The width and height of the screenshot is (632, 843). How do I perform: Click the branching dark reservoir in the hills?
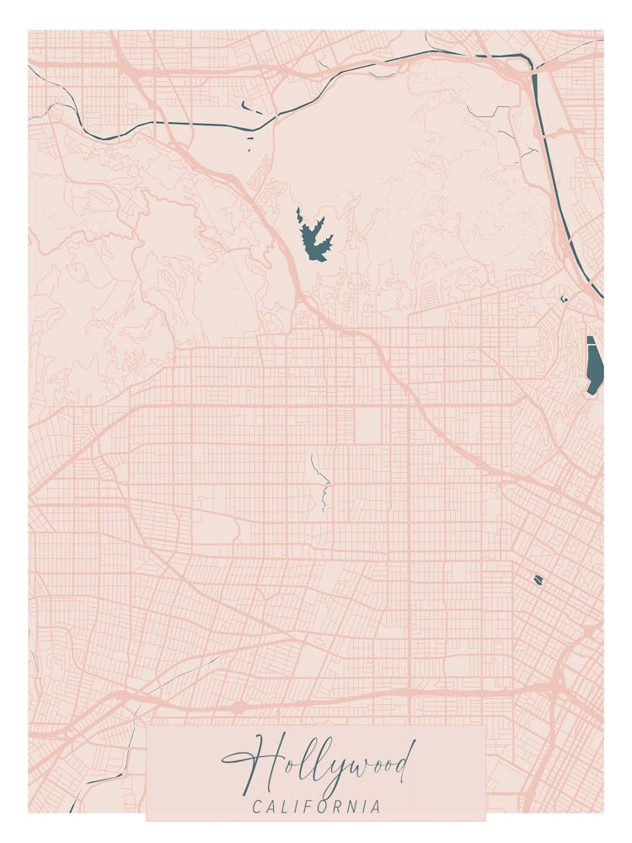tap(313, 239)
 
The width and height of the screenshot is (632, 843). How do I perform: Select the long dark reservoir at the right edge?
tap(594, 365)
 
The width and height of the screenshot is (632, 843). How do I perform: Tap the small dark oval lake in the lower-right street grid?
tap(538, 580)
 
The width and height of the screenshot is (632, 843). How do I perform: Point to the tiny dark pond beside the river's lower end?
tap(565, 298)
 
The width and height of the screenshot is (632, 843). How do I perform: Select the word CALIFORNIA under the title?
tap(316, 807)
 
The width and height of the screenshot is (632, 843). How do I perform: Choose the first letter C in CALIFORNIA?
tap(257, 807)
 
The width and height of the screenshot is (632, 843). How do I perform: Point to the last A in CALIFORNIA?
tap(375, 807)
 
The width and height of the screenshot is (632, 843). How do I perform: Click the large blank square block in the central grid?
tap(368, 426)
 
